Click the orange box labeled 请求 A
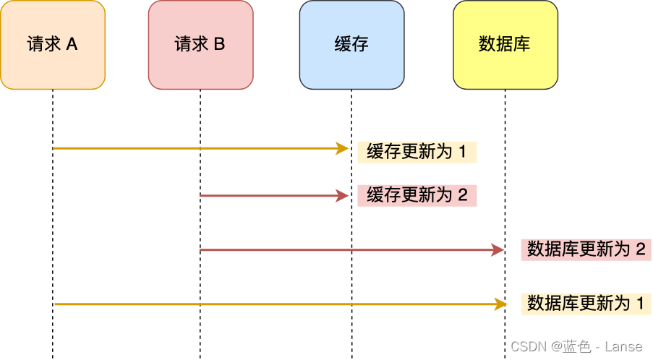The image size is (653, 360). tap(53, 45)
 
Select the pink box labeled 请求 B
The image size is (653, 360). tap(200, 45)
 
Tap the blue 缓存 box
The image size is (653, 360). tap(351, 45)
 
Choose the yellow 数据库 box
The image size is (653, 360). tap(505, 45)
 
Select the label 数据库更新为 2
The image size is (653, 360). tap(586, 249)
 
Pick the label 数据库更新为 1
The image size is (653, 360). tap(586, 304)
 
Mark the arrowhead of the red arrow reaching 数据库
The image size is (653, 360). tap(498, 250)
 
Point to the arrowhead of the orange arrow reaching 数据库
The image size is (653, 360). tap(498, 304)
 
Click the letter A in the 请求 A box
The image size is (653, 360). tap(72, 45)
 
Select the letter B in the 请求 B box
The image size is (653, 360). tap(219, 45)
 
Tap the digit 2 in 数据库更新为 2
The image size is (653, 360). tap(640, 249)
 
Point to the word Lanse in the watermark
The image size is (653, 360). tap(624, 347)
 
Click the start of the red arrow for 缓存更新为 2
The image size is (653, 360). tap(201, 196)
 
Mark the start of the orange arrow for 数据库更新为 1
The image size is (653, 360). tap(54, 304)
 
